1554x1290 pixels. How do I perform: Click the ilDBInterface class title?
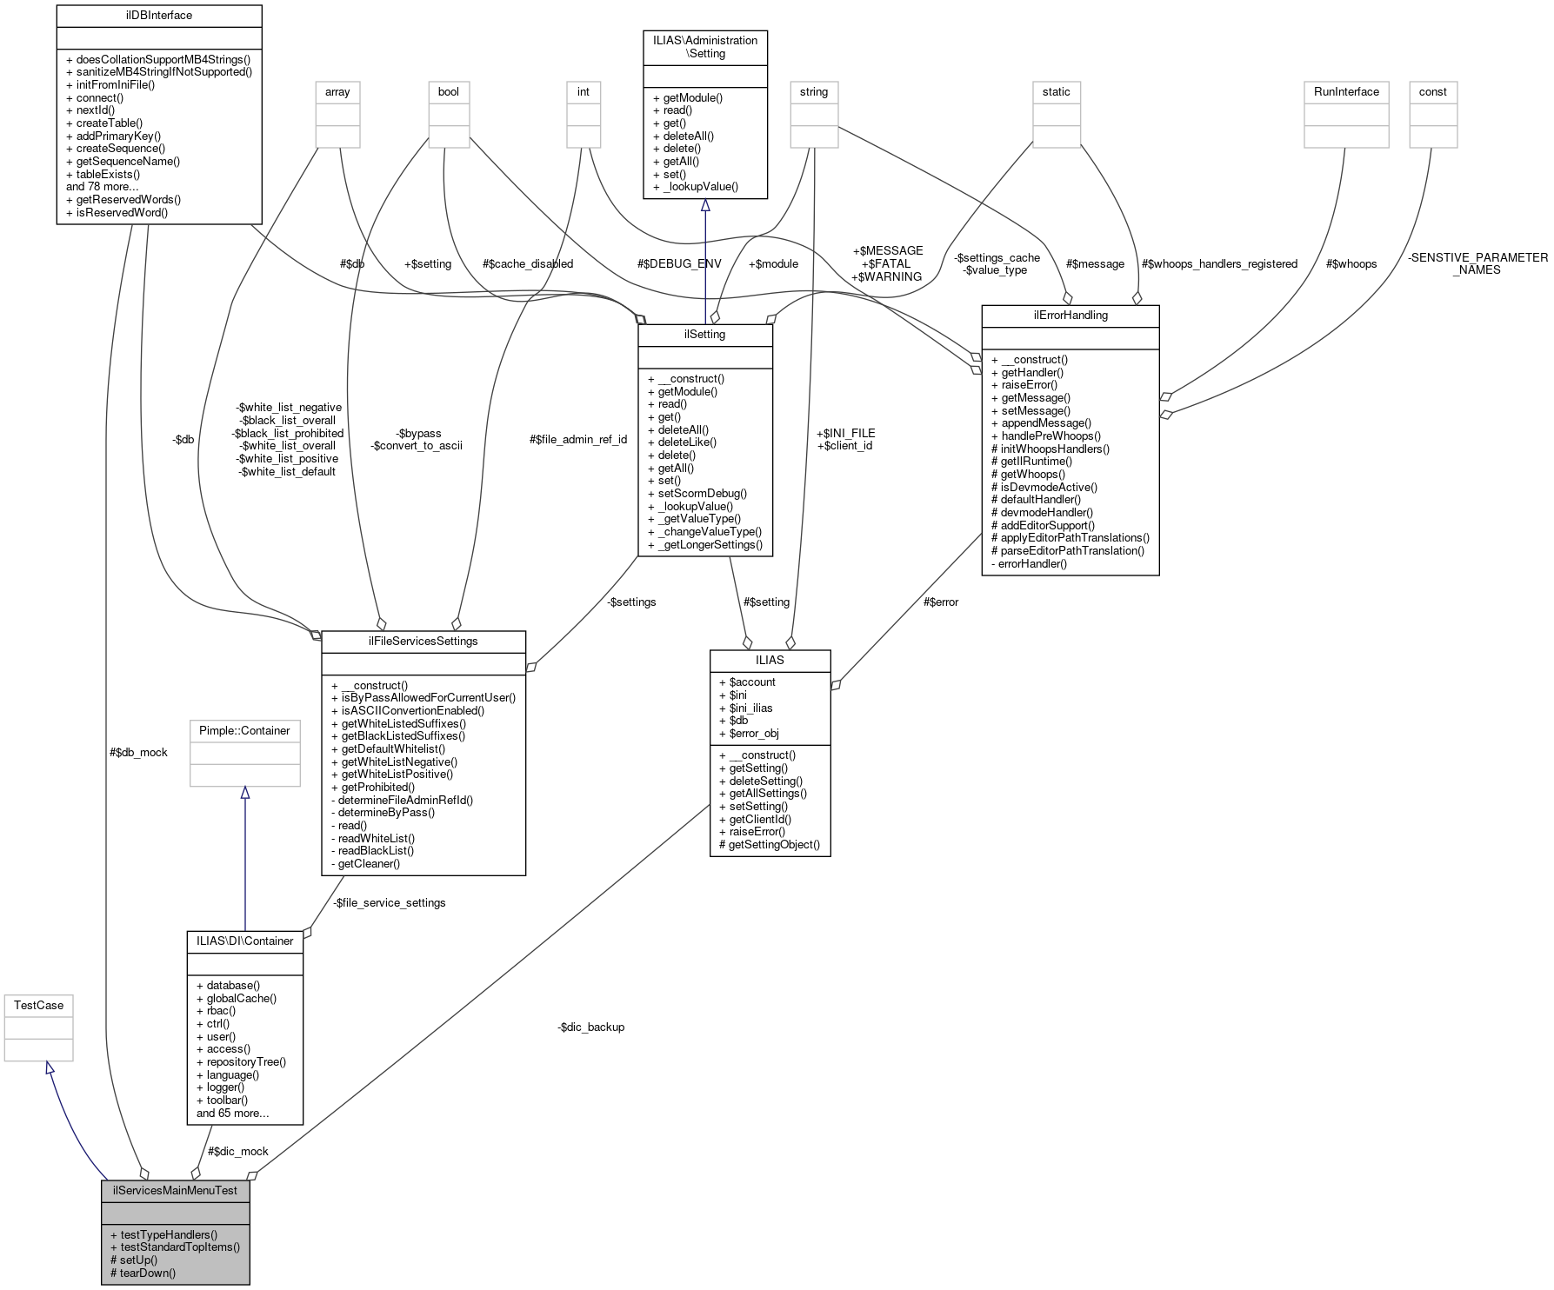[x=158, y=16]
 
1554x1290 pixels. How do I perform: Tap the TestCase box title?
[x=38, y=1006]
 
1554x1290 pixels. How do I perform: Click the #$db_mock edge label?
[x=139, y=752]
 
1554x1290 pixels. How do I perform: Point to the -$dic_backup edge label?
[x=591, y=1027]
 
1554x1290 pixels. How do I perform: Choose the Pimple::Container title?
[x=244, y=730]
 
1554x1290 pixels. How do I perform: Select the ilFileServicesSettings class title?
[x=424, y=642]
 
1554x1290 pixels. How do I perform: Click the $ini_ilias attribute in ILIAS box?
[x=750, y=708]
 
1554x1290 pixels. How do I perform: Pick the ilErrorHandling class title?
[x=1070, y=316]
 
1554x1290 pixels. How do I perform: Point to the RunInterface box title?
[x=1346, y=92]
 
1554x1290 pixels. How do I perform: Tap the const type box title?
[x=1432, y=92]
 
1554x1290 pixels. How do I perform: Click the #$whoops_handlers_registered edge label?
[x=1219, y=263]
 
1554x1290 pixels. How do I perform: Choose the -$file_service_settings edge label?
[x=390, y=902]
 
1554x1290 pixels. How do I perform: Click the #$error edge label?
[x=941, y=602]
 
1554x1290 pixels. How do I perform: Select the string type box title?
[x=814, y=92]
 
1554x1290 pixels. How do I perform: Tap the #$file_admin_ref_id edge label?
[x=578, y=439]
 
